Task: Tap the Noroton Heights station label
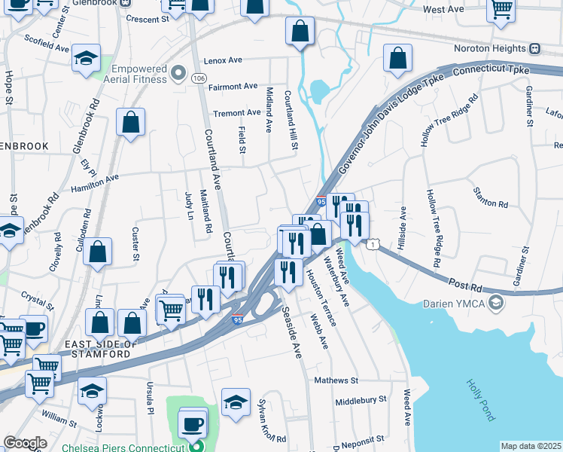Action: point(490,48)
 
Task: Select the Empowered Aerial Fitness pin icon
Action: point(178,73)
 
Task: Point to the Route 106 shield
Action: point(199,78)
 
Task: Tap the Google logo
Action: point(25,443)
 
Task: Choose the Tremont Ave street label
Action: point(236,113)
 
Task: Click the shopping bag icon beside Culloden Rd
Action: point(98,252)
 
